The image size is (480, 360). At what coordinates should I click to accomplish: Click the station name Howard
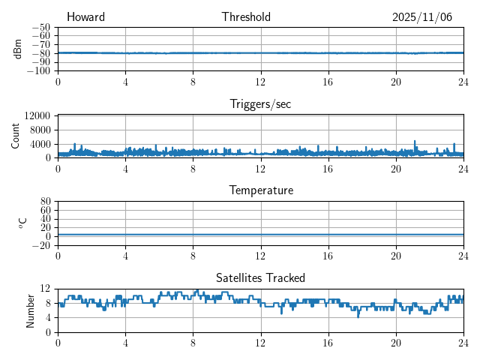click(85, 17)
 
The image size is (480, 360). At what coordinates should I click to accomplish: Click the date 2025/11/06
click(422, 17)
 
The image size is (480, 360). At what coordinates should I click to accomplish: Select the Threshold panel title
click(246, 17)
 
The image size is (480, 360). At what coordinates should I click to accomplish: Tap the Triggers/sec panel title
click(260, 104)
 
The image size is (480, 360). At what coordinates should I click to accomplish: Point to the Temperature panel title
click(260, 190)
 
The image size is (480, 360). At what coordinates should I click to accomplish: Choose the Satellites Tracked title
click(260, 277)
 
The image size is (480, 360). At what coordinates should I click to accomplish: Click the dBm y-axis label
click(19, 49)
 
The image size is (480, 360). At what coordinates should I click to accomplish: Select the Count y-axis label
click(16, 136)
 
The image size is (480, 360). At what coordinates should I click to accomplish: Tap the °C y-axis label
click(22, 223)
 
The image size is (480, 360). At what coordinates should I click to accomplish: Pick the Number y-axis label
click(31, 309)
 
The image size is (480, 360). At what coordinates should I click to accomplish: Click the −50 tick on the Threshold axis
click(40, 27)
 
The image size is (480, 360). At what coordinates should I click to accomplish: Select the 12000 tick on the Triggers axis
click(37, 115)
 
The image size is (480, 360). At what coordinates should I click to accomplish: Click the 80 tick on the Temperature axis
click(46, 201)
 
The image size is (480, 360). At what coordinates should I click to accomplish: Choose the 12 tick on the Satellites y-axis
click(46, 288)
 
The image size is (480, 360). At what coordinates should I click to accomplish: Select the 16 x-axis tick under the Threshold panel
click(328, 82)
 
